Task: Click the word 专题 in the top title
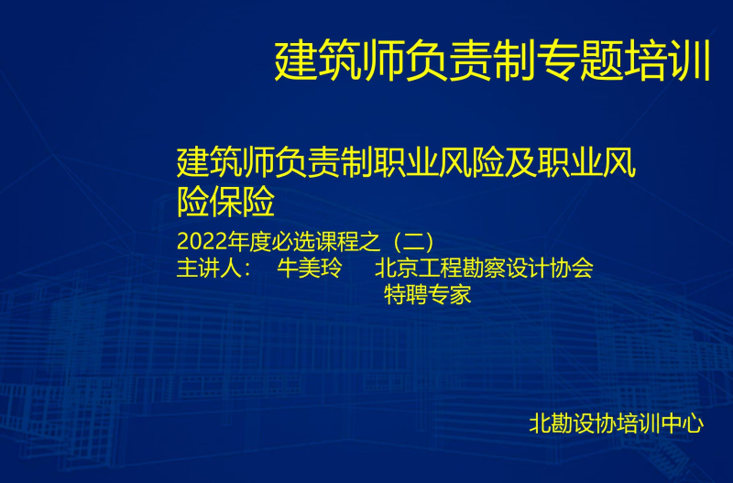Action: tap(581, 61)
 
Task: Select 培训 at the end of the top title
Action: tap(668, 61)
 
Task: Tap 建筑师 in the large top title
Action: tap(339, 61)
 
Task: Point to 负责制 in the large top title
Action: tap(471, 61)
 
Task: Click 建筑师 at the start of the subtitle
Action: tap(225, 162)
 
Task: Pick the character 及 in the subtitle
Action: tap(520, 162)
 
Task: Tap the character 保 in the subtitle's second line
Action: tap(225, 202)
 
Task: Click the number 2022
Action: tap(202, 242)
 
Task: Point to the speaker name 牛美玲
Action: tap(310, 269)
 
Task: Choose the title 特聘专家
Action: tap(427, 295)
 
